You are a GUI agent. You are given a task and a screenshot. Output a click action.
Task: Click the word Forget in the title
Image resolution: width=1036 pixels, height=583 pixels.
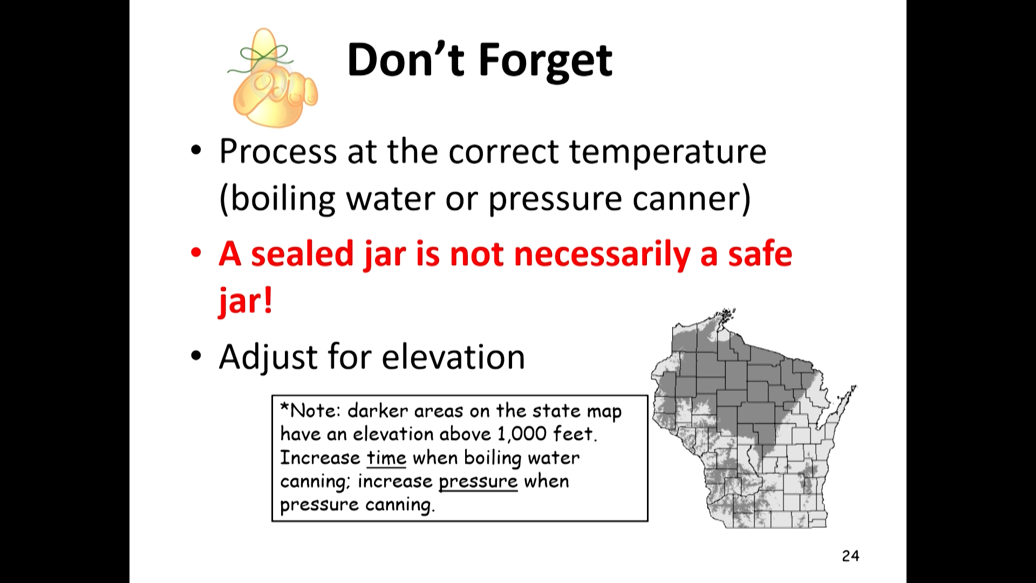click(546, 61)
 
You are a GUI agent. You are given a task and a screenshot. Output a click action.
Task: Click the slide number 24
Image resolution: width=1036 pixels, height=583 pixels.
click(850, 555)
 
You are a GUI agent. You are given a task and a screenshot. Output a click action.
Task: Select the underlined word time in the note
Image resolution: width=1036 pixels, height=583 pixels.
click(386, 458)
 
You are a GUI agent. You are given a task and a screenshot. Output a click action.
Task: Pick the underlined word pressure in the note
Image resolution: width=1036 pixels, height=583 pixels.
click(478, 482)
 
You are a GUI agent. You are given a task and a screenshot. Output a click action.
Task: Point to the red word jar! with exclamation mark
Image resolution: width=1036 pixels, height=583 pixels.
click(246, 300)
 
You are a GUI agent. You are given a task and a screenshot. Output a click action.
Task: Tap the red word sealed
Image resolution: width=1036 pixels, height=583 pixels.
click(302, 253)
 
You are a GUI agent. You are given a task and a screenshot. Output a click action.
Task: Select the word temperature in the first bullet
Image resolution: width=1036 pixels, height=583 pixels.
click(667, 152)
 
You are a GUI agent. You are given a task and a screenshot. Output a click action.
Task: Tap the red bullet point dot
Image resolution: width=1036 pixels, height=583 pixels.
click(196, 253)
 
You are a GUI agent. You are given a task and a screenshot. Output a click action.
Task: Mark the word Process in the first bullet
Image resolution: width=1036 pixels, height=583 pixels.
click(278, 152)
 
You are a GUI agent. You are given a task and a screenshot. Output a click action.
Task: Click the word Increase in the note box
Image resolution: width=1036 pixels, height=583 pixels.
click(320, 458)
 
